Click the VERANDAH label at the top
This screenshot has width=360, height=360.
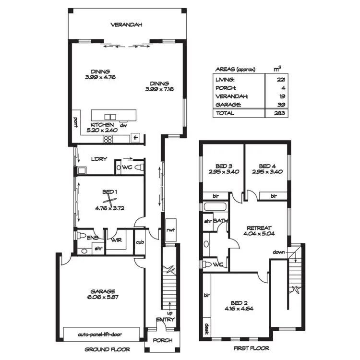coord(127,24)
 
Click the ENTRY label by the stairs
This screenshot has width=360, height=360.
coord(166,320)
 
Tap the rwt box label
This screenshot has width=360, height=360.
coord(170,229)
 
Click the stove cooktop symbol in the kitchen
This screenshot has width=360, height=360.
coord(108,140)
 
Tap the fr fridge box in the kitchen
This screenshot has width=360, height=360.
coord(136,138)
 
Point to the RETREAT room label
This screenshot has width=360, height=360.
coord(259,228)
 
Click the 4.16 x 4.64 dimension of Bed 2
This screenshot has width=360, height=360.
coord(239,309)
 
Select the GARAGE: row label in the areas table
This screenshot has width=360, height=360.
coord(225,104)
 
